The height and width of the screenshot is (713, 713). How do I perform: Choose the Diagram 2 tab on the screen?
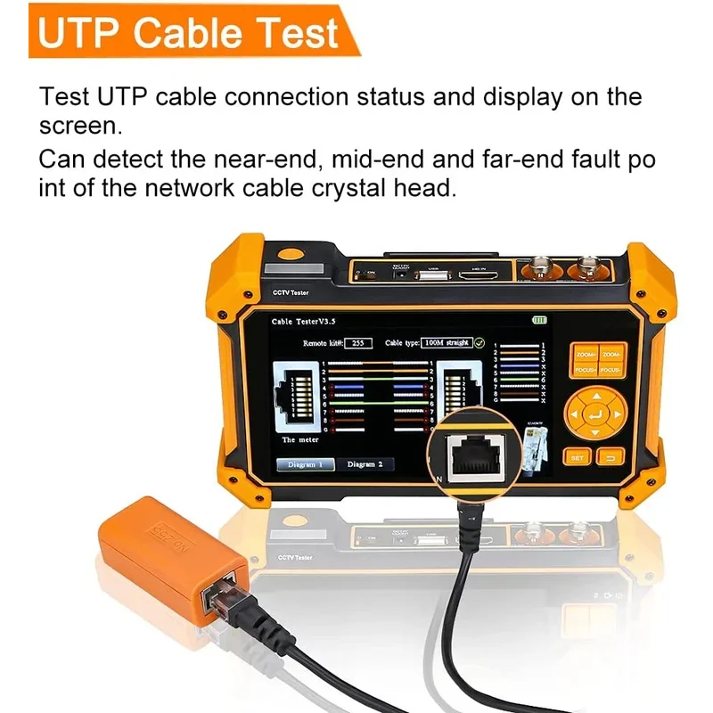click(365, 463)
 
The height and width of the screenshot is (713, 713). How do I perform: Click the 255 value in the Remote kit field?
click(357, 342)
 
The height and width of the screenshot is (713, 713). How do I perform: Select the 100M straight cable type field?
click(447, 342)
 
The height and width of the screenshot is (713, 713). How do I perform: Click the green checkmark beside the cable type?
click(479, 342)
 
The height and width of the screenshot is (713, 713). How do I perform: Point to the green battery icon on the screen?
click(538, 319)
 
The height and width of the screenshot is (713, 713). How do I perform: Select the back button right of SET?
click(611, 457)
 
